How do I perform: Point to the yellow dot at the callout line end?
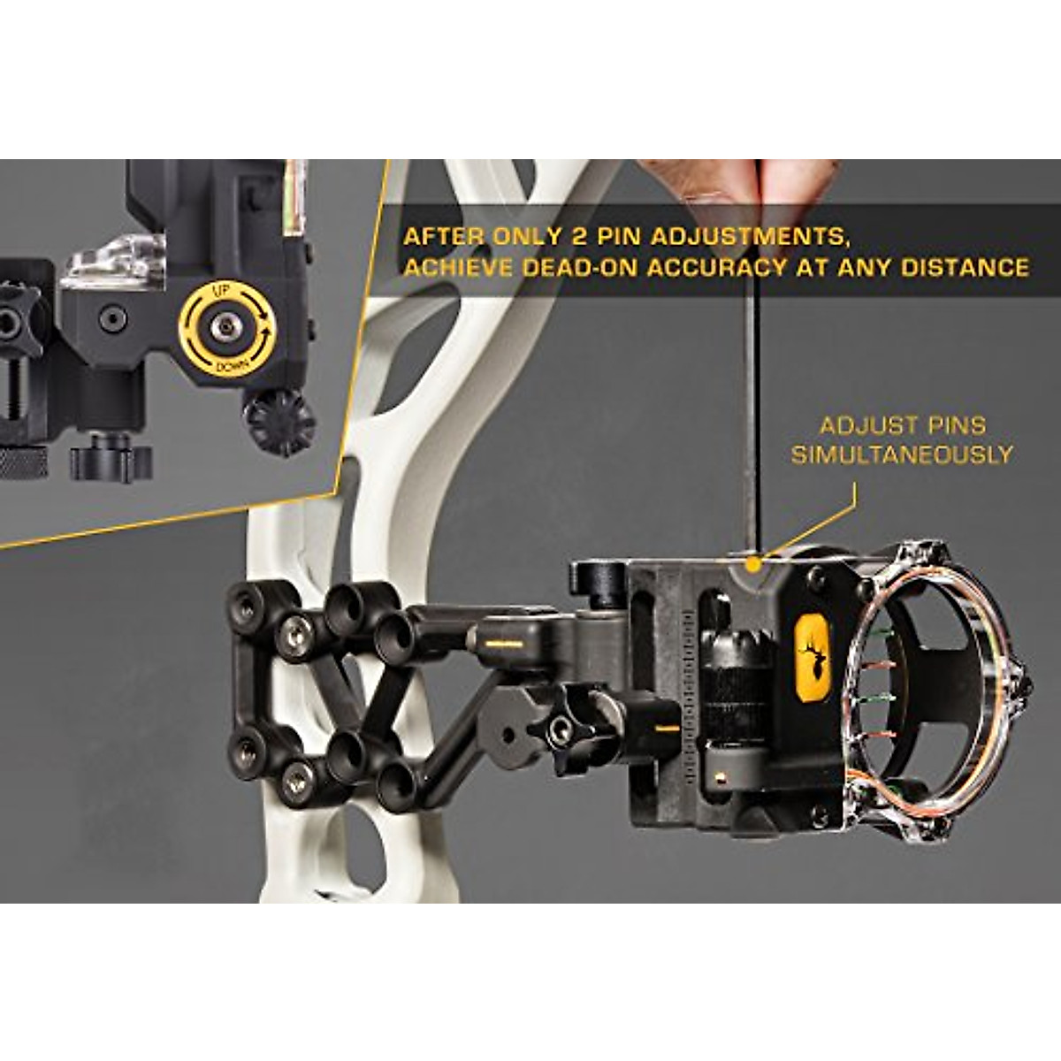click(752, 562)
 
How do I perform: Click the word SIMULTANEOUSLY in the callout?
click(901, 455)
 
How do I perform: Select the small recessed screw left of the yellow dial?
click(112, 319)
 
